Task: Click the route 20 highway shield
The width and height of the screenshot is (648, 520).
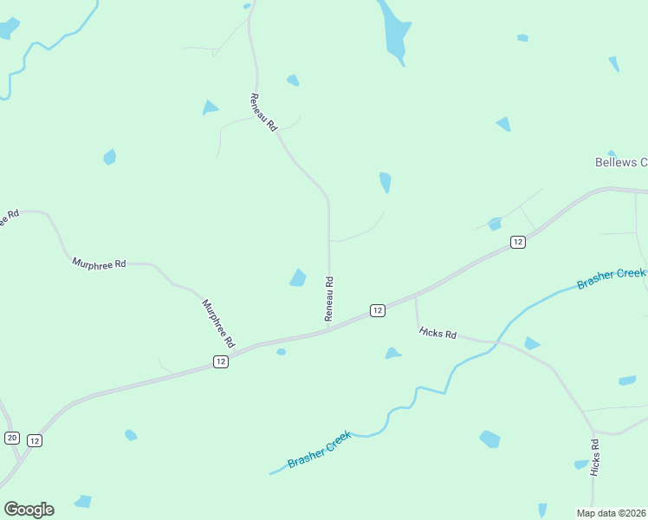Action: [x=11, y=438]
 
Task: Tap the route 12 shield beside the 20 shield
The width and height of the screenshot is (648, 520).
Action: [x=34, y=440]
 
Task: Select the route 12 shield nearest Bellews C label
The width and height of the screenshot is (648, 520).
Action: [x=517, y=242]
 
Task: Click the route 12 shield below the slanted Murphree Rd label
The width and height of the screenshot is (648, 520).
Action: [x=221, y=361]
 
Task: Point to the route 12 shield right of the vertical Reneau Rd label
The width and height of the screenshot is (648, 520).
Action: [x=377, y=310]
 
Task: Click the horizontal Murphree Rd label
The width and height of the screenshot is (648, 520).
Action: [x=99, y=262]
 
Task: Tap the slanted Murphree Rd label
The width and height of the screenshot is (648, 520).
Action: [x=218, y=323]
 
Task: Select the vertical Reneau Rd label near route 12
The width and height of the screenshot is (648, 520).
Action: [x=329, y=299]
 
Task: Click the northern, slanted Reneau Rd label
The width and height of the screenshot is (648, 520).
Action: [x=262, y=112]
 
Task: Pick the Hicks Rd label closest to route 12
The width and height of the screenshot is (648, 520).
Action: [x=437, y=333]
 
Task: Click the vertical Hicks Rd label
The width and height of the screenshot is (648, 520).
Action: [x=595, y=457]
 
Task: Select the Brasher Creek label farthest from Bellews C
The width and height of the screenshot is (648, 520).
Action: [x=320, y=451]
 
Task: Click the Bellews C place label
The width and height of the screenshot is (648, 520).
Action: [x=621, y=162]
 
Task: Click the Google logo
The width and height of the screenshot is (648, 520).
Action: [x=29, y=510]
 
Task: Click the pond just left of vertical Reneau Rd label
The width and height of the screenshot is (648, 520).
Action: [x=297, y=277]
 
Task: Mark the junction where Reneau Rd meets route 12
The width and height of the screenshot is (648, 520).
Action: [x=329, y=329]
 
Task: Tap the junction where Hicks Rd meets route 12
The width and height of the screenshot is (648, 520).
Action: [x=416, y=297]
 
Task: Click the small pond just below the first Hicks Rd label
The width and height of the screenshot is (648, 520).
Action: [x=392, y=354]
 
